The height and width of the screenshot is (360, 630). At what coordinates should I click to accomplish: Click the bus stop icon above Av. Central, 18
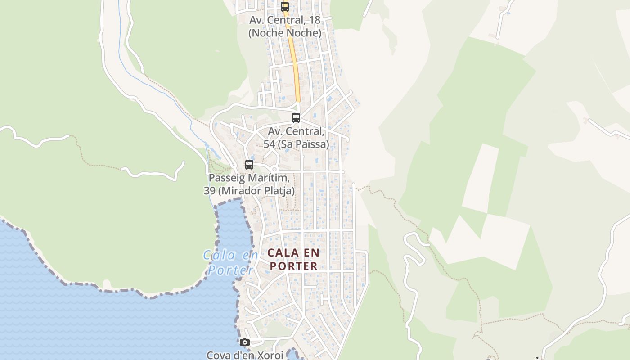point(285,6)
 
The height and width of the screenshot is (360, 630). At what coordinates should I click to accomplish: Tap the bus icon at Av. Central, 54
point(296,118)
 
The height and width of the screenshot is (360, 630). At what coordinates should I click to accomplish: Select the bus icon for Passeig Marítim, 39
point(249,165)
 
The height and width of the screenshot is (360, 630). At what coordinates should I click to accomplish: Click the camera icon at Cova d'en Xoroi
point(245,342)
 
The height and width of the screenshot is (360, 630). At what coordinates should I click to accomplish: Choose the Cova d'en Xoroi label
point(245,355)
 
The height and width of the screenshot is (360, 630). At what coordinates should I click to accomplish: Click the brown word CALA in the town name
point(283,253)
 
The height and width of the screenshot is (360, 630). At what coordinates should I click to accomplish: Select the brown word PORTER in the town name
point(293,266)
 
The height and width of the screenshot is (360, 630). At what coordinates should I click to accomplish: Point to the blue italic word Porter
point(230,270)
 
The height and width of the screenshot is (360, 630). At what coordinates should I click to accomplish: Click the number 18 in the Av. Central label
point(315,20)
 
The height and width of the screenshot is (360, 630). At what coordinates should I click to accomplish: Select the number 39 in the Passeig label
point(209,191)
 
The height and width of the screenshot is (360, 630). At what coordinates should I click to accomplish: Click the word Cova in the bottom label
point(218,355)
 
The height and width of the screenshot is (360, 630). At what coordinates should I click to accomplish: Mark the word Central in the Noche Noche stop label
point(288,20)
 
